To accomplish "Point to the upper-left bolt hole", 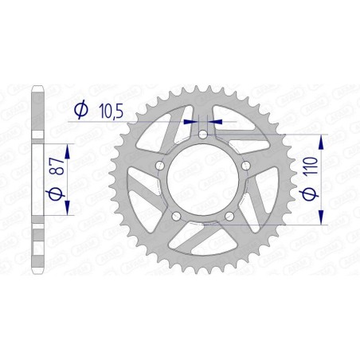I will pyautogui.click(x=162, y=165).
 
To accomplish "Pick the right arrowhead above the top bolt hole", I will pyautogui.click(x=217, y=122).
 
